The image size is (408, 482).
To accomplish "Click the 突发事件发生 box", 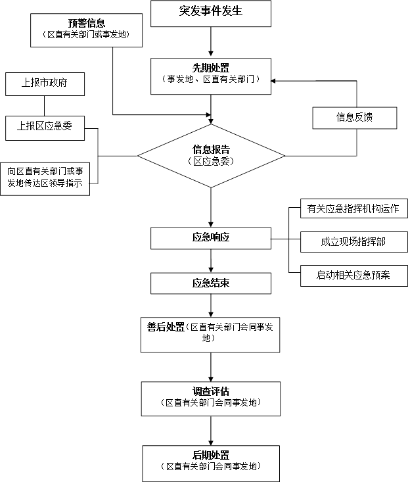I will [210, 13].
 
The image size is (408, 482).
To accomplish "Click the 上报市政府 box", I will [45, 84].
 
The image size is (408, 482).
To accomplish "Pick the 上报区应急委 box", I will [45, 128].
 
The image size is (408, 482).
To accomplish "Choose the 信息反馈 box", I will [355, 118].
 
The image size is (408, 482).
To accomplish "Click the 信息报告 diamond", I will [210, 155].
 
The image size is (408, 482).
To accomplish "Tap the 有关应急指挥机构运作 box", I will [353, 209].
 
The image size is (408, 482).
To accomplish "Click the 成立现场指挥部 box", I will [353, 241].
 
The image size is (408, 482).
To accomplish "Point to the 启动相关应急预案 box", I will [353, 275].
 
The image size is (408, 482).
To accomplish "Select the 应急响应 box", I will [210, 238].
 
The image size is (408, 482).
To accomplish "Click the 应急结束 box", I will [210, 283].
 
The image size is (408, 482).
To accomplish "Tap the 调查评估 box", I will [210, 397].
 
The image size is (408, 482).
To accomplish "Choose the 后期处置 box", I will [210, 460].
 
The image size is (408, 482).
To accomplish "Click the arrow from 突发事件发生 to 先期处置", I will [210, 42].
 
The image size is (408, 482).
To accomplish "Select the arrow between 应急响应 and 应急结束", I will [210, 262].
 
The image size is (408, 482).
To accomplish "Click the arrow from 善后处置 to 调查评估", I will [210, 367].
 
